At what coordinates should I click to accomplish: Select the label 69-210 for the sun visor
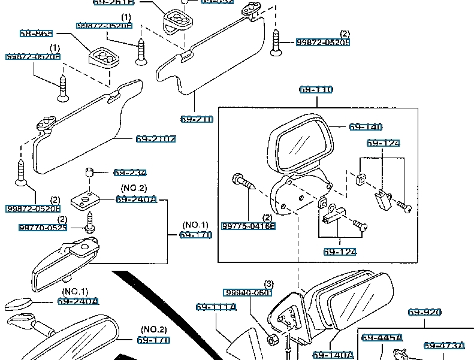click(x=197, y=119)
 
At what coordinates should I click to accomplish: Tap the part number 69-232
click(x=130, y=173)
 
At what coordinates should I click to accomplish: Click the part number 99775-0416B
click(x=248, y=226)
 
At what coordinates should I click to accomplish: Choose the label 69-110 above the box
click(x=316, y=90)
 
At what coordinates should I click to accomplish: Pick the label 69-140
click(x=366, y=127)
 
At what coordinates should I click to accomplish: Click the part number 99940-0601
click(x=248, y=293)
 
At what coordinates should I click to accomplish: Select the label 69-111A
click(x=216, y=307)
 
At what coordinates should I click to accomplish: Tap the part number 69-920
click(x=425, y=312)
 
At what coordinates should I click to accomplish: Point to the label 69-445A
click(x=382, y=338)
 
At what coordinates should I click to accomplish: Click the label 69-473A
click(x=444, y=346)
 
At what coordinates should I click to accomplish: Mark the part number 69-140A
click(x=333, y=355)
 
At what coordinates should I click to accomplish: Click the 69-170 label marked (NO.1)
click(x=195, y=235)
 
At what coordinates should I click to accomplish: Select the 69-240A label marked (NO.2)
click(x=136, y=199)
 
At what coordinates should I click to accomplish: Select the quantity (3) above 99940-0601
click(x=269, y=283)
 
